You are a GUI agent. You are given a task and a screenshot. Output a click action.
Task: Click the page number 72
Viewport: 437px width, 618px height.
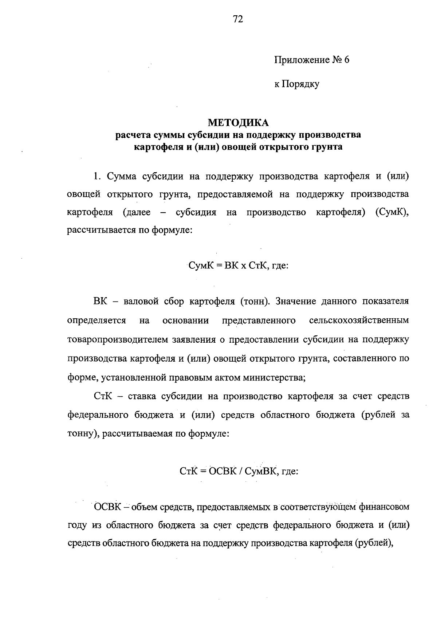(x=237, y=19)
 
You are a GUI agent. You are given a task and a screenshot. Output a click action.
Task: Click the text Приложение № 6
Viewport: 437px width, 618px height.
(x=311, y=60)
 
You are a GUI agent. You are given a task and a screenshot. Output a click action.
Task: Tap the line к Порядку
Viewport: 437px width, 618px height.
(x=296, y=84)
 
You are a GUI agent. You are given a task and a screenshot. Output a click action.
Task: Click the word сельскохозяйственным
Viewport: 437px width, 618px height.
(x=359, y=320)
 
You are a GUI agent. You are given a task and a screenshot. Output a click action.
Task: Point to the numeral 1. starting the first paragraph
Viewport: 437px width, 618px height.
(x=97, y=177)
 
